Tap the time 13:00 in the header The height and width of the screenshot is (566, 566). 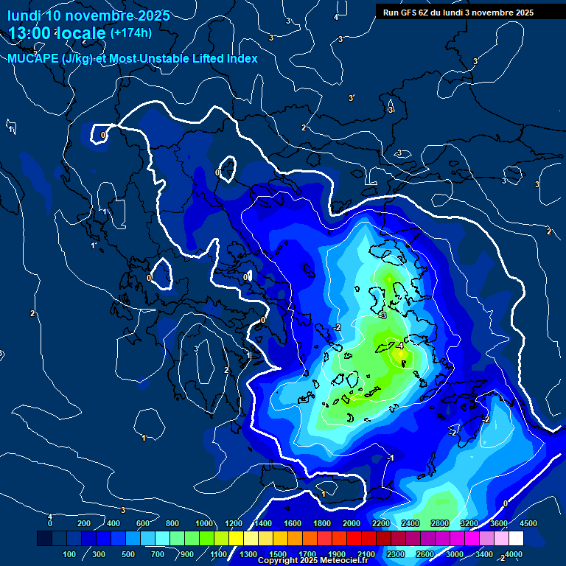click(x=29, y=33)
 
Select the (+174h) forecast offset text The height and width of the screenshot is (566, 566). click(x=130, y=33)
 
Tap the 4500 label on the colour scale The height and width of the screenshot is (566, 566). click(x=528, y=523)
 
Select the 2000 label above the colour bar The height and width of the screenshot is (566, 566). click(x=352, y=523)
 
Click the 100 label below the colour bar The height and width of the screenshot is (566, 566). click(x=70, y=554)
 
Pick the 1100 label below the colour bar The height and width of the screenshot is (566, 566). click(x=219, y=554)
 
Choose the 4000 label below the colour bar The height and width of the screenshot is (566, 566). click(x=514, y=554)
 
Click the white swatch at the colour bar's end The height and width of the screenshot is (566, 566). click(x=516, y=539)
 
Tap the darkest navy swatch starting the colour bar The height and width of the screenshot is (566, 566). click(x=44, y=539)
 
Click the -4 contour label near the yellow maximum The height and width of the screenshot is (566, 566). click(x=399, y=345)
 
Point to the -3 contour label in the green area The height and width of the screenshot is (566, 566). click(x=382, y=315)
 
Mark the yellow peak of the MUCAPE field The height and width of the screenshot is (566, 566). click(x=402, y=355)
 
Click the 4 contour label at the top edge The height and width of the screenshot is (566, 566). click(x=336, y=17)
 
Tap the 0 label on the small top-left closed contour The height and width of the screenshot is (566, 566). click(x=103, y=135)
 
